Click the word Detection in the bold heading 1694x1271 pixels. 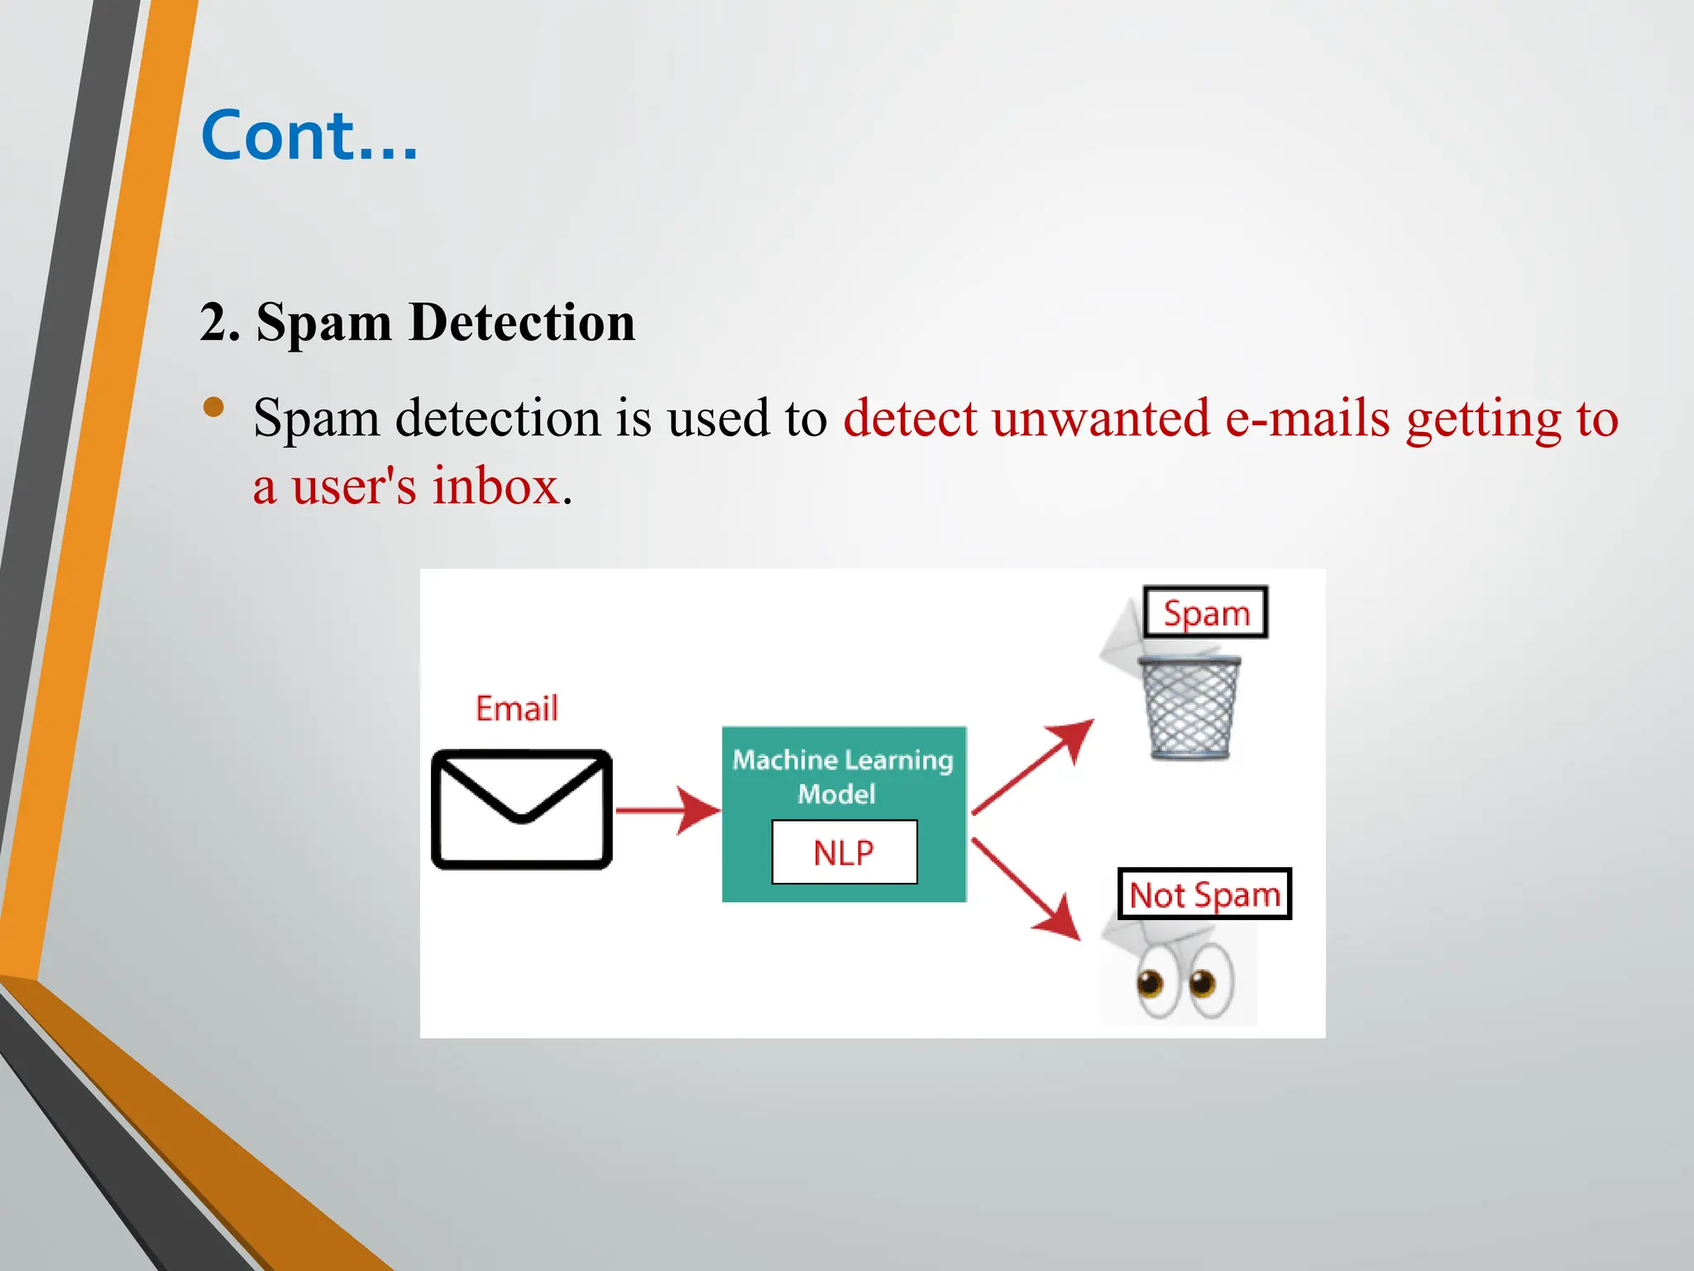coord(522,322)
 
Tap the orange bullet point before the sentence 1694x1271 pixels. coord(213,406)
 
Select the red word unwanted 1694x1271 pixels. coord(1101,418)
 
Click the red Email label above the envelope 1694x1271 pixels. coord(517,708)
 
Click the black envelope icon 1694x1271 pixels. coord(522,808)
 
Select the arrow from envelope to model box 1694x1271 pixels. coord(667,810)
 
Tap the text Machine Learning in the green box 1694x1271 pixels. coord(843,760)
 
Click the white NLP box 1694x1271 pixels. coord(844,852)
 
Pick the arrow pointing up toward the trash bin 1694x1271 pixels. coord(1033,766)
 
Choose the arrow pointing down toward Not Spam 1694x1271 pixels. coord(1026,890)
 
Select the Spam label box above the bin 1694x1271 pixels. coord(1205,613)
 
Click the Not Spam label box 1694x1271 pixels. coord(1204,894)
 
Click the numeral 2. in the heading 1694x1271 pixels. coord(220,322)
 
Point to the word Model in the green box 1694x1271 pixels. coord(836,794)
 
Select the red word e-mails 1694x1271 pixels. coord(1307,418)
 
